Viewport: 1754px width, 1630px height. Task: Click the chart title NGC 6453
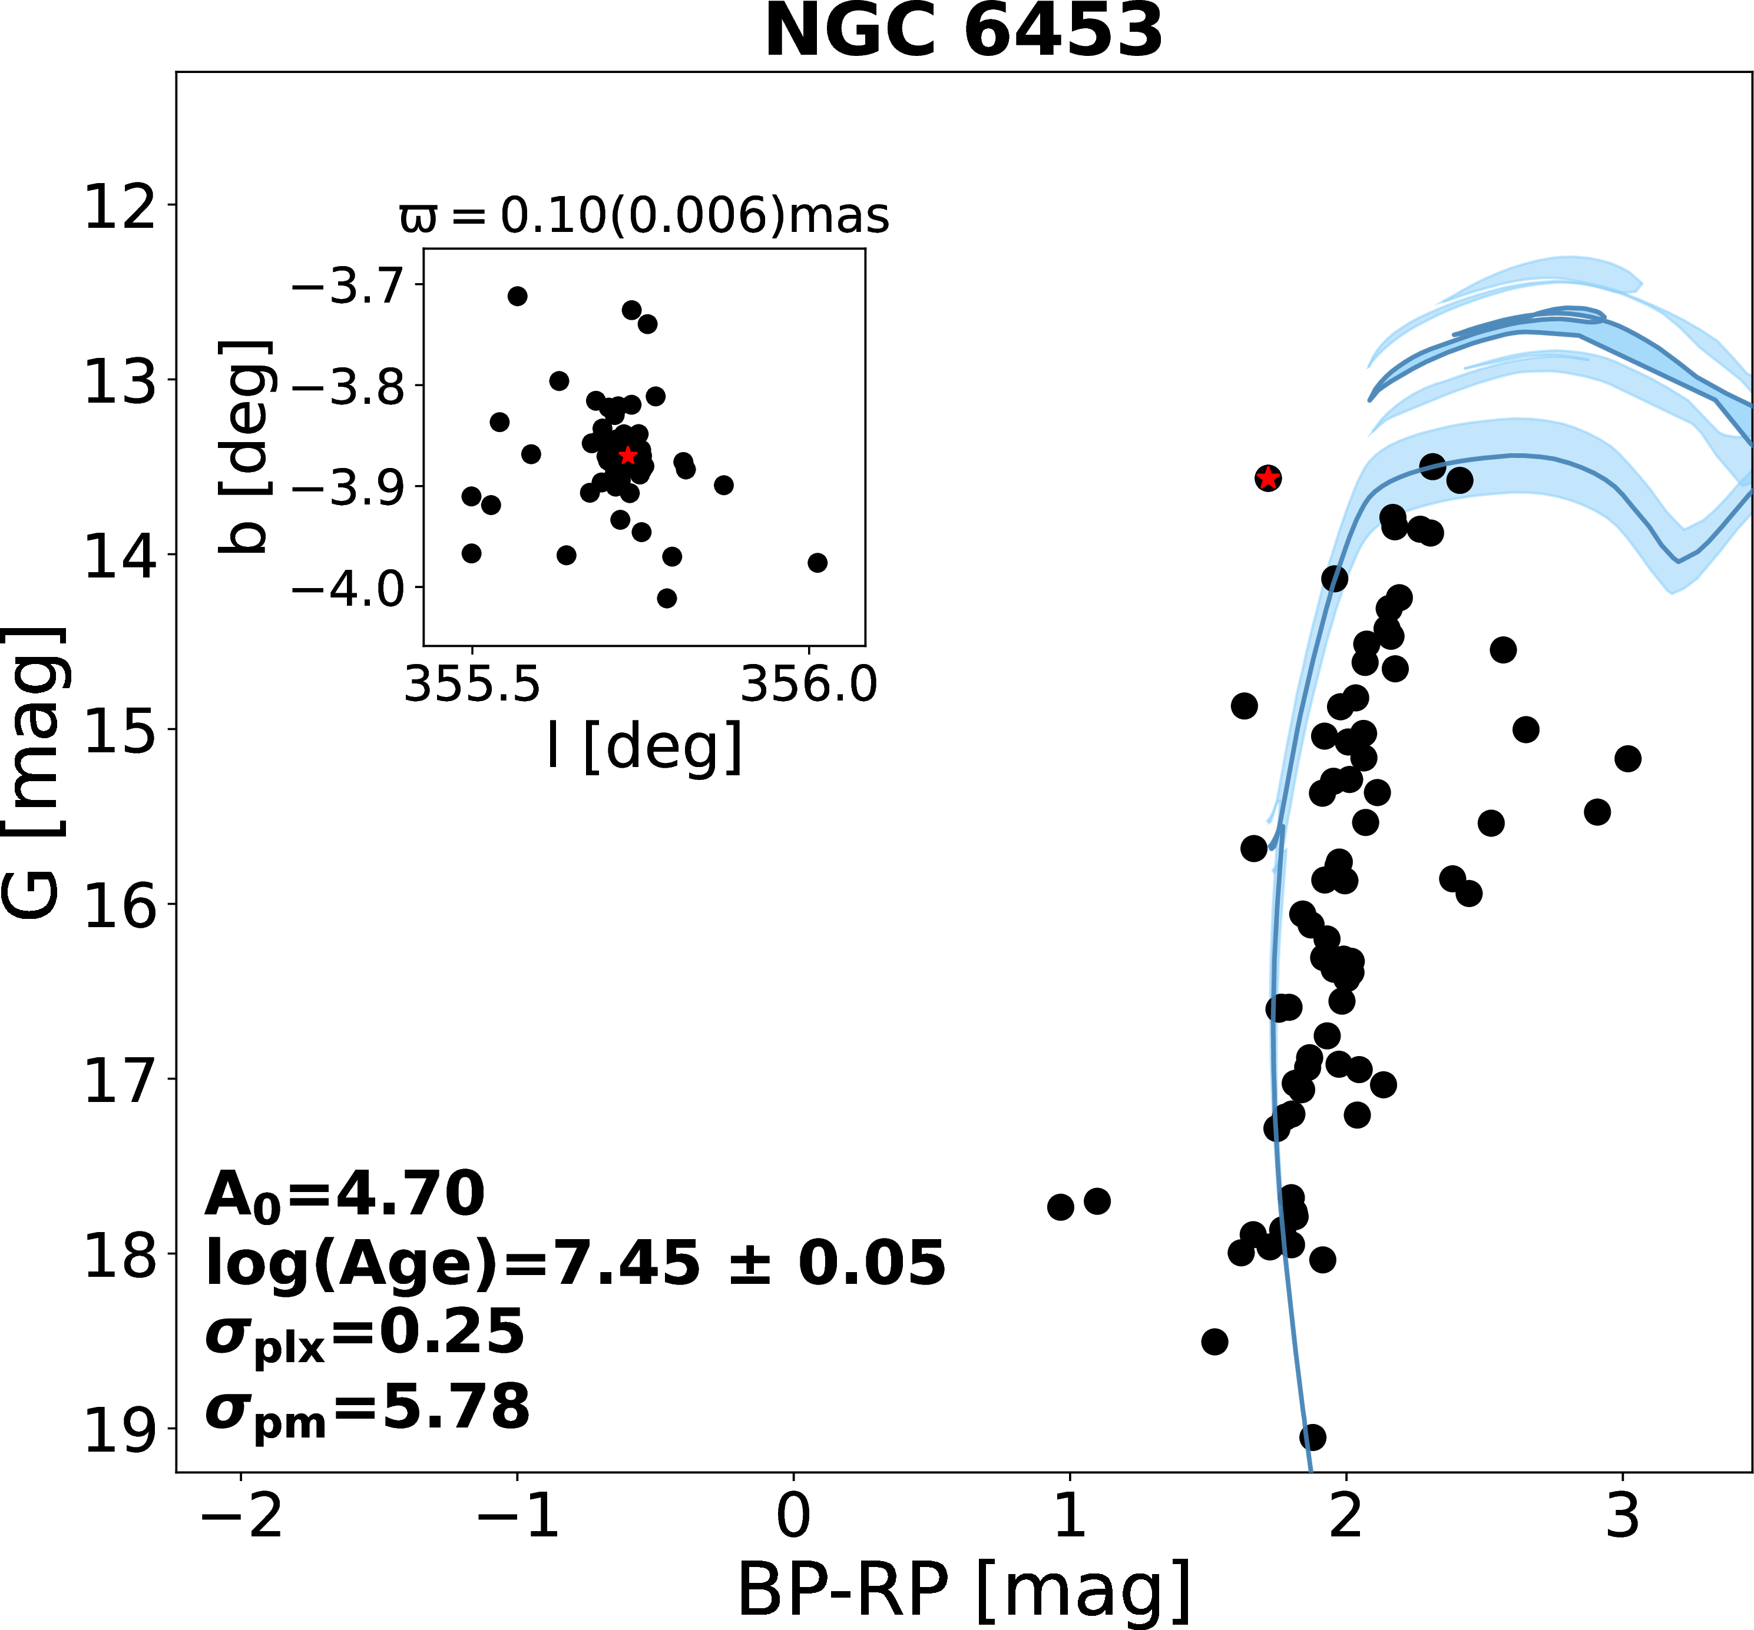pos(964,32)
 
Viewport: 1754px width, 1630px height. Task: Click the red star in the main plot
pos(1268,478)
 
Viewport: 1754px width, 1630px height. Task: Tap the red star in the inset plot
pos(627,455)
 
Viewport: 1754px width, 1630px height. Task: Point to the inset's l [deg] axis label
pos(644,746)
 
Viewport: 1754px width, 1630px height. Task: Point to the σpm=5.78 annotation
pos(367,1409)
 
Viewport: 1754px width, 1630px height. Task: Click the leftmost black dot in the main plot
pos(1061,1207)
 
